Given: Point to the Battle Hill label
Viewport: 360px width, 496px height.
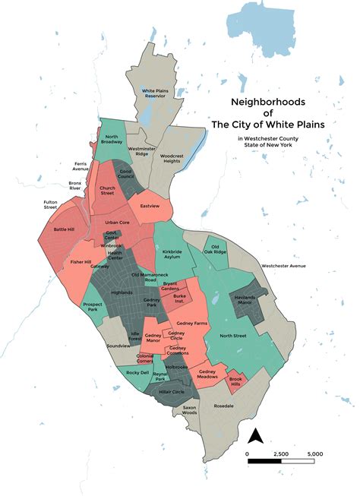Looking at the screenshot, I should coord(65,229).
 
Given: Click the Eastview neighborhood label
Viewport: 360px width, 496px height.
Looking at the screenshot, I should coord(150,205).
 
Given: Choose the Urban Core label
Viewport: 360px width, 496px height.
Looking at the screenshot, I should coord(118,222).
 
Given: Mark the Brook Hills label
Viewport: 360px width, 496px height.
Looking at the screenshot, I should coord(236,382).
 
